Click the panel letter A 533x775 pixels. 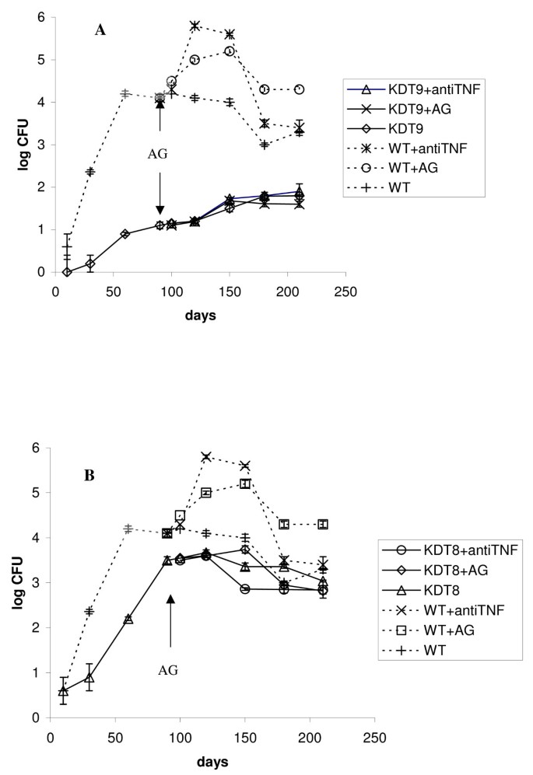(100, 30)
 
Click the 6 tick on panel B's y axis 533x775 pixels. (34, 448)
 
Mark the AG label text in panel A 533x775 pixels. (159, 153)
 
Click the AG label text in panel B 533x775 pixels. (170, 669)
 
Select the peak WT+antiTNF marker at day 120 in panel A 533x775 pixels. (195, 26)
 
